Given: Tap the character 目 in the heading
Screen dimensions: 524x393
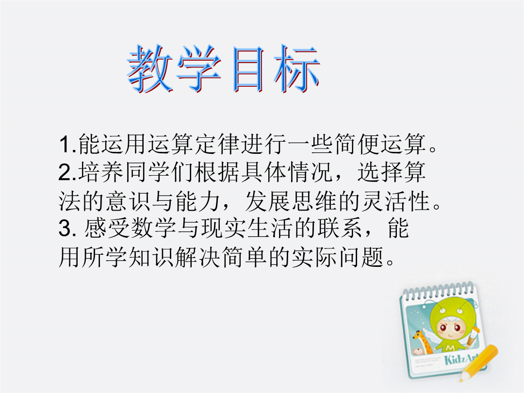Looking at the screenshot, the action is [249, 69].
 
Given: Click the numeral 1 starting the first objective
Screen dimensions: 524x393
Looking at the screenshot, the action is [65, 145].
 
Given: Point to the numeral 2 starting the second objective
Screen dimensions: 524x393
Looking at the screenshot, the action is [65, 172].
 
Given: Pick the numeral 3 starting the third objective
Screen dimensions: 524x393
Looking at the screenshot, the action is [65, 229].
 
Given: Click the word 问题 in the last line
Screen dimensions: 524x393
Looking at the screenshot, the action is [361, 257].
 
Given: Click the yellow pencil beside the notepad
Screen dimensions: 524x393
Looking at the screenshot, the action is [478, 363].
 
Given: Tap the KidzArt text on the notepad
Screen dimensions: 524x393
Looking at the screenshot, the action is [460, 358].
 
